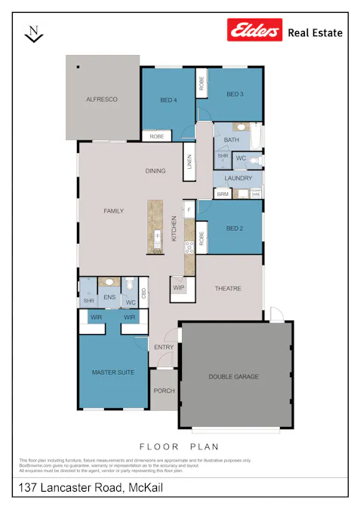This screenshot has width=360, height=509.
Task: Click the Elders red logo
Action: pos(254,31)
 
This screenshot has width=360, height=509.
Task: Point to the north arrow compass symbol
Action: pos(34,33)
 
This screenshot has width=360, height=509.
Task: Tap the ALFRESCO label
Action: pos(102,100)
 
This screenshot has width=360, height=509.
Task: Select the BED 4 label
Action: pos(168,100)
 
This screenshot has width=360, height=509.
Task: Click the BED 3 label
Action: pos(235,94)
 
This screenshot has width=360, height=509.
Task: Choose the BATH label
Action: pos(232,140)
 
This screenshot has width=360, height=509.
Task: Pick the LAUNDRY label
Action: pos(238,179)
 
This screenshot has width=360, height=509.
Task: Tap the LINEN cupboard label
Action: pos(190,162)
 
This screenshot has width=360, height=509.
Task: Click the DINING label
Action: pos(155,171)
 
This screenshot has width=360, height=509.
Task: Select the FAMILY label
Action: pos(113,211)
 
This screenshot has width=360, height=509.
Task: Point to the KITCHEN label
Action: pos(174,228)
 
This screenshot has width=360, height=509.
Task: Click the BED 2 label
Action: pos(235,228)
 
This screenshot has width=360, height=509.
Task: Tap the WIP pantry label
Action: pos(179,288)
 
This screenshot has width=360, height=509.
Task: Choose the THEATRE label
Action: pos(227,289)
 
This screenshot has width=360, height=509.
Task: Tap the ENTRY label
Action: pos(164,348)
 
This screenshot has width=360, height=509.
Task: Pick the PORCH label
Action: pos(164,391)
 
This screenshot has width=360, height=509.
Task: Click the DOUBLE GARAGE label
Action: pos(234,376)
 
